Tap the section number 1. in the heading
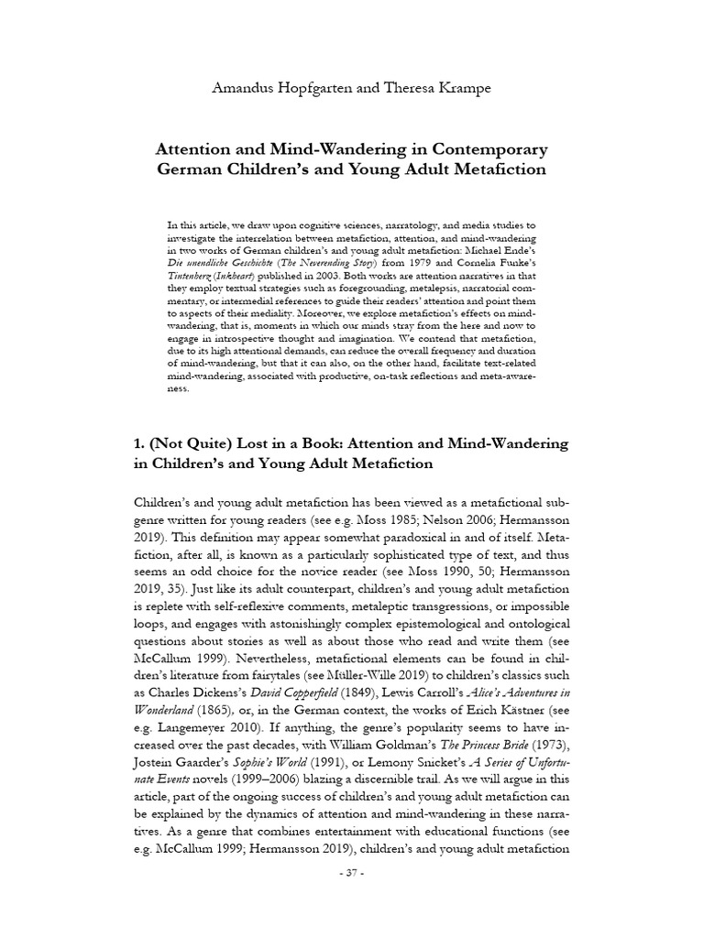pos(140,443)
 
